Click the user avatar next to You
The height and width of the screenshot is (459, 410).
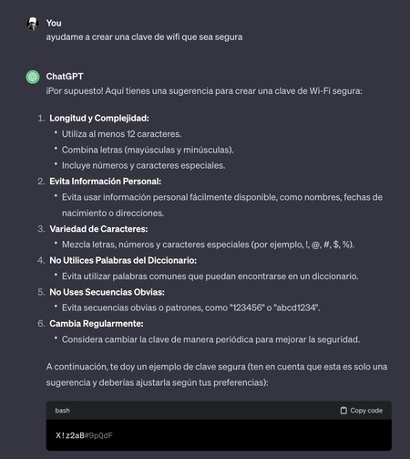tap(32, 23)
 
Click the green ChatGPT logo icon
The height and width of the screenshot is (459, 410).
tap(32, 77)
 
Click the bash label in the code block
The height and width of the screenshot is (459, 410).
tap(63, 411)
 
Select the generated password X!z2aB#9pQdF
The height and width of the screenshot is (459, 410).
tap(84, 434)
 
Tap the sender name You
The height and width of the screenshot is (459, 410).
tap(54, 23)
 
